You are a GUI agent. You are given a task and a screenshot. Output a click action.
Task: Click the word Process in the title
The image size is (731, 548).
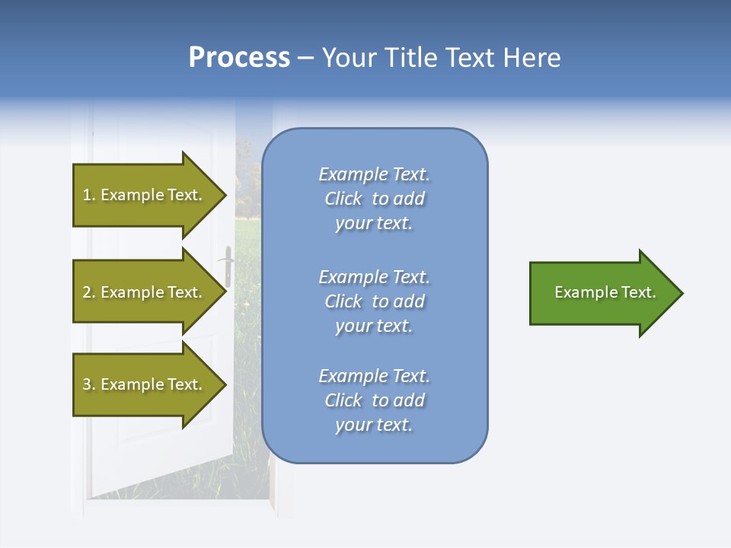(240, 58)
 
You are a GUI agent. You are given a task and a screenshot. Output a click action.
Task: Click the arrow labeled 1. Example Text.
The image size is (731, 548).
(150, 195)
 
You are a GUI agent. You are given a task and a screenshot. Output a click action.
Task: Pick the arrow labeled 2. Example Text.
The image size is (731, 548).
(150, 292)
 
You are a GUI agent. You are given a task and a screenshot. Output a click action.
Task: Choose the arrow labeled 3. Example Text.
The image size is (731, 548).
(150, 384)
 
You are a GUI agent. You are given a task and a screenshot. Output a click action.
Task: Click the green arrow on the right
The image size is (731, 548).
(607, 293)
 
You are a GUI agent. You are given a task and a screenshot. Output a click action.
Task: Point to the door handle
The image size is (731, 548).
(227, 266)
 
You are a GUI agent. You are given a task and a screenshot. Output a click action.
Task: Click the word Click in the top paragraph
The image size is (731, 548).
(343, 199)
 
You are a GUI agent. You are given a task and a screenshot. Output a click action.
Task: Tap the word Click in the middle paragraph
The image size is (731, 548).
(343, 301)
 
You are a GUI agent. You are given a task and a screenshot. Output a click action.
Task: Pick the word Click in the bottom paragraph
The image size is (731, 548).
(343, 400)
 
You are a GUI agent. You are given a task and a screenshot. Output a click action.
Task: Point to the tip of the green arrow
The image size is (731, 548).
(684, 293)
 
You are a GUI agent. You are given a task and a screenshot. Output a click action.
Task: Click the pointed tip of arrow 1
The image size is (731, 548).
(227, 195)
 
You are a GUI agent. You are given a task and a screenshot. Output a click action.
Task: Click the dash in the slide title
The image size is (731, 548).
(306, 59)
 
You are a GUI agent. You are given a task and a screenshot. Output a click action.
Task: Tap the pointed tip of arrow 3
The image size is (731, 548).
(227, 384)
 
